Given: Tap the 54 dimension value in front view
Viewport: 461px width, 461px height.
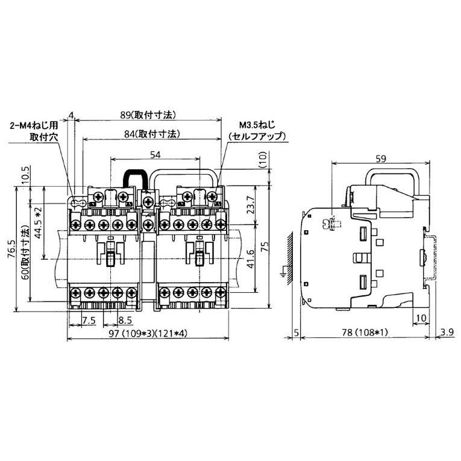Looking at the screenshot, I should (155, 155).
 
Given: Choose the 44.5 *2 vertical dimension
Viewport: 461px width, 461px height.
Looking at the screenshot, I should (38, 223).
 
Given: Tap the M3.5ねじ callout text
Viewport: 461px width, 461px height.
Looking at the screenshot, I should (257, 125).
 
